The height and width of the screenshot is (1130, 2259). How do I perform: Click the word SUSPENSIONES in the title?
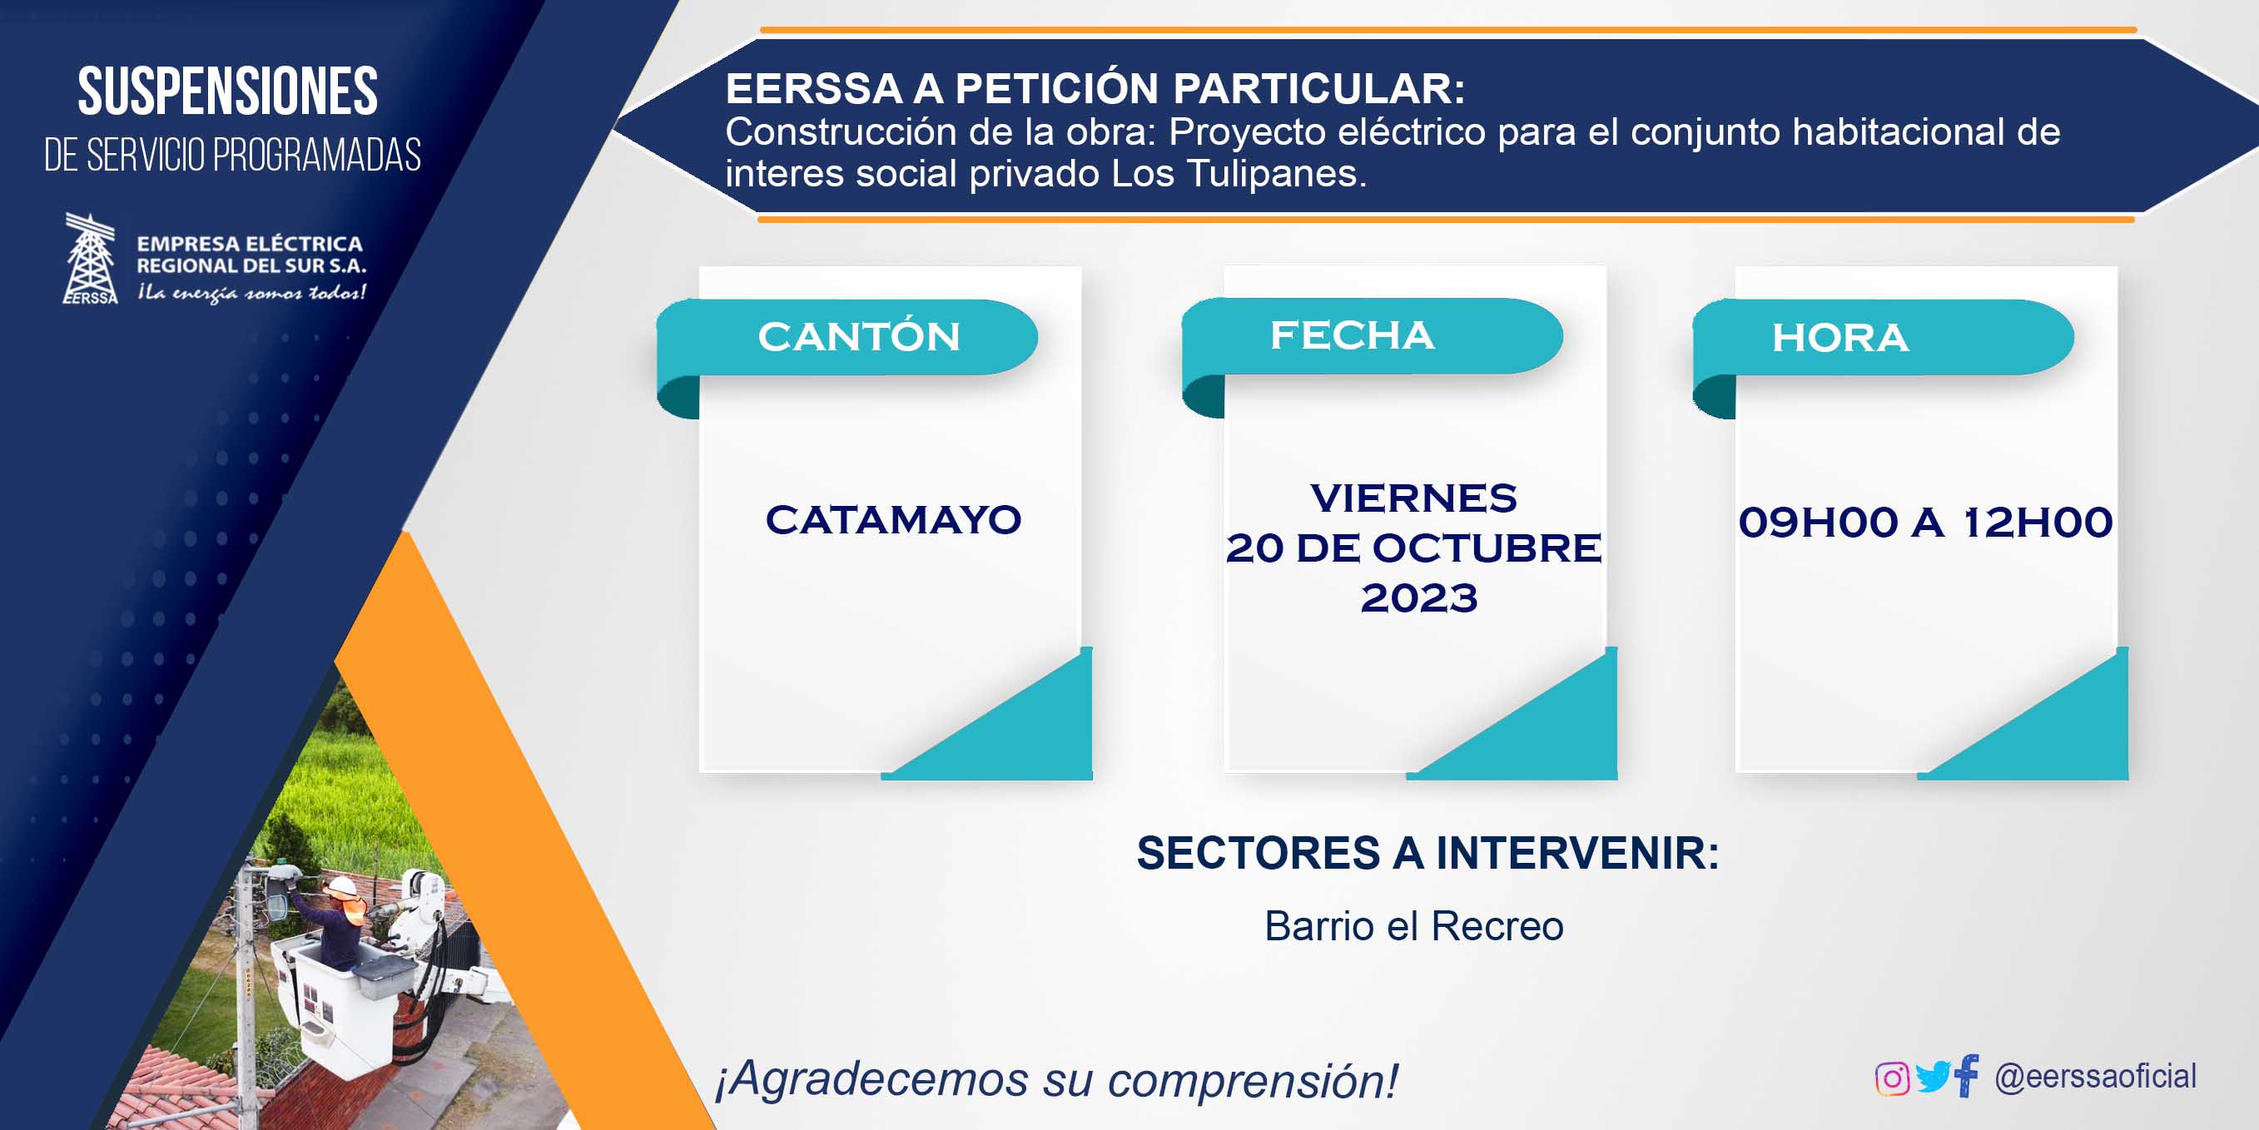tap(228, 92)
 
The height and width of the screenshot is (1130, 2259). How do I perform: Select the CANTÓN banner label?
tap(858, 337)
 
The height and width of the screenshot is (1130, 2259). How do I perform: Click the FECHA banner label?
tap(1353, 335)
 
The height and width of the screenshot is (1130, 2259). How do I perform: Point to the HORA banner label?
tap(1839, 338)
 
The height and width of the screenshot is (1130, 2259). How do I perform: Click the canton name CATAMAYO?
tap(894, 519)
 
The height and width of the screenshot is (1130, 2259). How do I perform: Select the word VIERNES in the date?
tap(1413, 498)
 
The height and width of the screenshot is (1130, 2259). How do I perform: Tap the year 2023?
tap(1419, 598)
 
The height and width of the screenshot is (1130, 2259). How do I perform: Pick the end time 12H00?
tap(2037, 523)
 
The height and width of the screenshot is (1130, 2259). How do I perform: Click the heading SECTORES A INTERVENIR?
tap(1427, 853)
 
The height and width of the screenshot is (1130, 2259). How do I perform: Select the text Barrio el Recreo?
tap(1413, 927)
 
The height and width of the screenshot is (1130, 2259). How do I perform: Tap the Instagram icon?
tap(1892, 1078)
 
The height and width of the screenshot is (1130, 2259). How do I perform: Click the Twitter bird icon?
tap(1933, 1077)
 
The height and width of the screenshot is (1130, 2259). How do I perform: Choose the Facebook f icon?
tap(1966, 1075)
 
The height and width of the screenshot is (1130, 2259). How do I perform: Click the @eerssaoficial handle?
tap(2095, 1077)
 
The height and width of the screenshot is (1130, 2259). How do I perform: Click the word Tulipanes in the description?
tap(1276, 174)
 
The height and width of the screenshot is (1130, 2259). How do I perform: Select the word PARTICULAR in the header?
tap(1319, 88)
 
